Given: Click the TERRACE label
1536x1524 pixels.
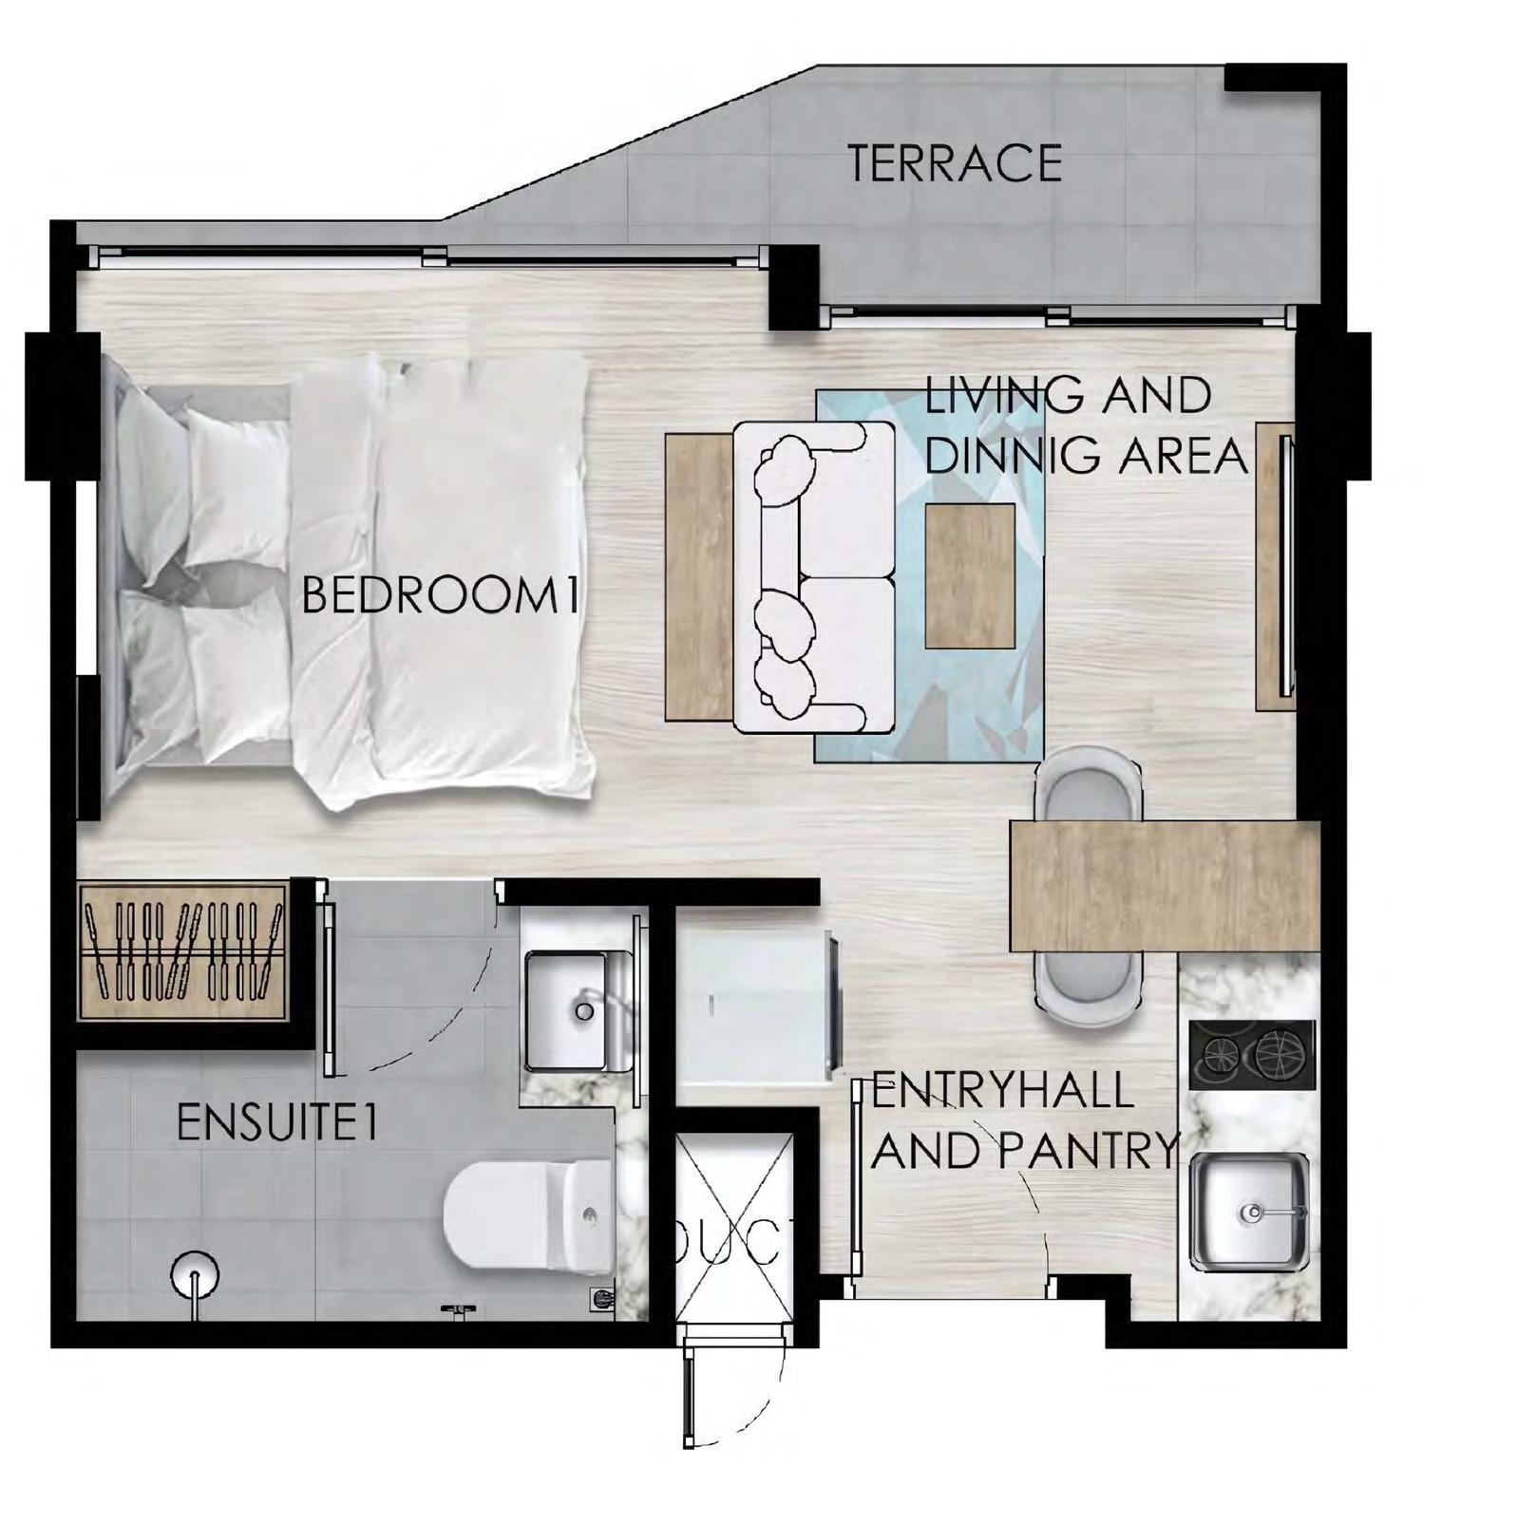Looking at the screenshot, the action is click(954, 163).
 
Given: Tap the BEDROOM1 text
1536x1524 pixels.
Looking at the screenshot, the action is click(441, 596).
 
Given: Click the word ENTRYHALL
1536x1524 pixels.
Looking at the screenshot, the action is click(1003, 1090).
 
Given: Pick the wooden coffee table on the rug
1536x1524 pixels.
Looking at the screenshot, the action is click(970, 576).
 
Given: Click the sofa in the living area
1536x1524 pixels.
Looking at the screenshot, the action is click(814, 579).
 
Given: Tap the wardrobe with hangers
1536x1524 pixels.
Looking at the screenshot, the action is click(182, 952).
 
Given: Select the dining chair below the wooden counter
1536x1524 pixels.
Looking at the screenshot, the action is click(1089, 988).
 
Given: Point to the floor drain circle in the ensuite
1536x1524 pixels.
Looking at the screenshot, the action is click(195, 1273).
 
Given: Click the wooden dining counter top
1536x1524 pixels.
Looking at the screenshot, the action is click(1165, 886).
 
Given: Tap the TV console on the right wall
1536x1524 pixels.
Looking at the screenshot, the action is click(1275, 566).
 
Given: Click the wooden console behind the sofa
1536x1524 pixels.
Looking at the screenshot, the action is click(698, 576).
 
